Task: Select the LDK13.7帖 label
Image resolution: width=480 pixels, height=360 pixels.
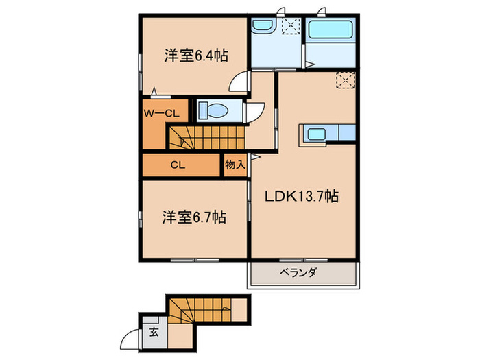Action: pos(302,196)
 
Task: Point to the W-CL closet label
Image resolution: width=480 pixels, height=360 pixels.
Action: pos(161,112)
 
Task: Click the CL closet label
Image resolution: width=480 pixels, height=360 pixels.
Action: pos(178,165)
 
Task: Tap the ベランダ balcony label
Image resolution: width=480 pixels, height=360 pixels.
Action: pos(298,273)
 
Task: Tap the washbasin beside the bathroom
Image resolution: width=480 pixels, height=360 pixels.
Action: pos(262,27)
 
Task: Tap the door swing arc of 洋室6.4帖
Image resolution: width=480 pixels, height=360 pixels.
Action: pos(239,83)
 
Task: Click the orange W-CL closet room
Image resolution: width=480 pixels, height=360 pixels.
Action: pos(155,123)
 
